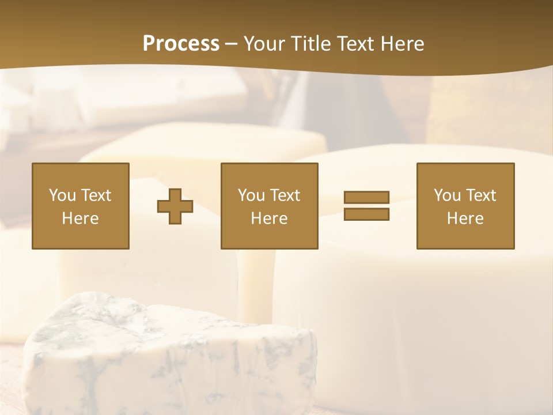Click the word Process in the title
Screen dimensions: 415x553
[181, 44]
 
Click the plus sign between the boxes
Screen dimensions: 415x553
[175, 206]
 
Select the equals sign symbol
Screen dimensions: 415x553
[366, 206]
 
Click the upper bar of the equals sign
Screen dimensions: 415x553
[366, 197]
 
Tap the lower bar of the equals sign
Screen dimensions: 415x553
[366, 214]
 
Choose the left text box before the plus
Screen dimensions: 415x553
[81, 206]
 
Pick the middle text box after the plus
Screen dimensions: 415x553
[269, 206]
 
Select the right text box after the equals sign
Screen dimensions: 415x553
[465, 206]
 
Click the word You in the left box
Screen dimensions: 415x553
[62, 195]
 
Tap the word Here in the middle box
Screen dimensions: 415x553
[269, 218]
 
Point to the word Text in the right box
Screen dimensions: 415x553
[481, 195]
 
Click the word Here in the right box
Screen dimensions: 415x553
[465, 218]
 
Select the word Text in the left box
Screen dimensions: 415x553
[96, 195]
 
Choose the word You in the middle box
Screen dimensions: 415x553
[251, 195]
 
